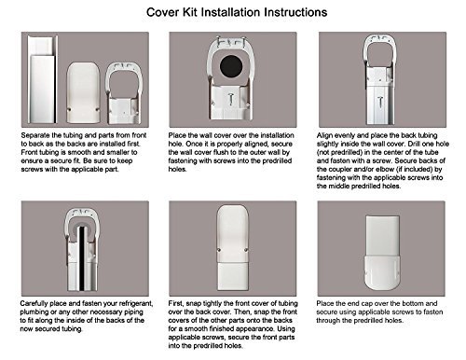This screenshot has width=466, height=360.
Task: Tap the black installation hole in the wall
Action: (231, 66)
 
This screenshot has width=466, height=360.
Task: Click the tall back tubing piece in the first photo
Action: (43, 79)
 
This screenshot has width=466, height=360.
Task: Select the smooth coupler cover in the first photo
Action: (83, 92)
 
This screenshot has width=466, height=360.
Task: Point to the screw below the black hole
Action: (231, 100)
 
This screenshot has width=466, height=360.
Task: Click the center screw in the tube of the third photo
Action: (380, 103)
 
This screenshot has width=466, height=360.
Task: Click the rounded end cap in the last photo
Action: (381, 272)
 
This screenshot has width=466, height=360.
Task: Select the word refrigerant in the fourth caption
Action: (134, 303)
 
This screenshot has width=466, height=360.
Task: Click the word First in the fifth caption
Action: (176, 303)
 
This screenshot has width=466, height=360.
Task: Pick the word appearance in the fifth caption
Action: (251, 329)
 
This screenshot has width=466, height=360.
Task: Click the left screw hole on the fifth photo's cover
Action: (219, 250)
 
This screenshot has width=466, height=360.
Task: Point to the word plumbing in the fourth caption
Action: (34, 312)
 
